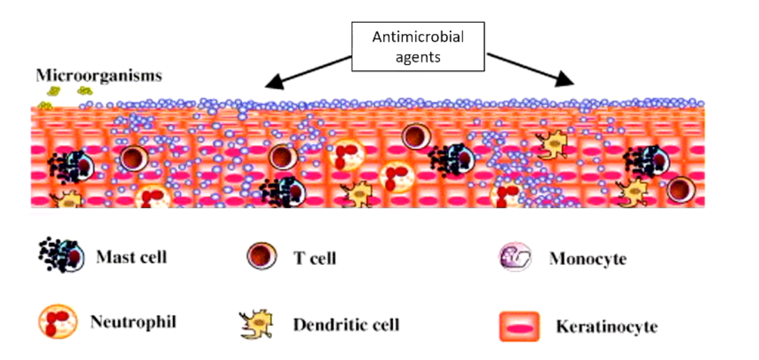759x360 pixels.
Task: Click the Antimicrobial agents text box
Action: click(x=417, y=47)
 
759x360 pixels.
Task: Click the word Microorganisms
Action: click(x=98, y=75)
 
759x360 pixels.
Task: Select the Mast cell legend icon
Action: click(x=60, y=256)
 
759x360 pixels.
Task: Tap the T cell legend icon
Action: click(x=262, y=257)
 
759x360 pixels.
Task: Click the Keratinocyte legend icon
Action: click(x=518, y=326)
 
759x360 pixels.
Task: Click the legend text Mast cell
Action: click(x=131, y=257)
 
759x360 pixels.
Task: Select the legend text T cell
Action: click(x=315, y=258)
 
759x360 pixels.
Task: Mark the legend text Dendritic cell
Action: click(x=346, y=324)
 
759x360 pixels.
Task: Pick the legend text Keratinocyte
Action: click(x=607, y=327)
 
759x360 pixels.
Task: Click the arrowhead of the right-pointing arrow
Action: click(x=565, y=80)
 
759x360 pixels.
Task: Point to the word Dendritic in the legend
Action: click(x=322, y=324)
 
